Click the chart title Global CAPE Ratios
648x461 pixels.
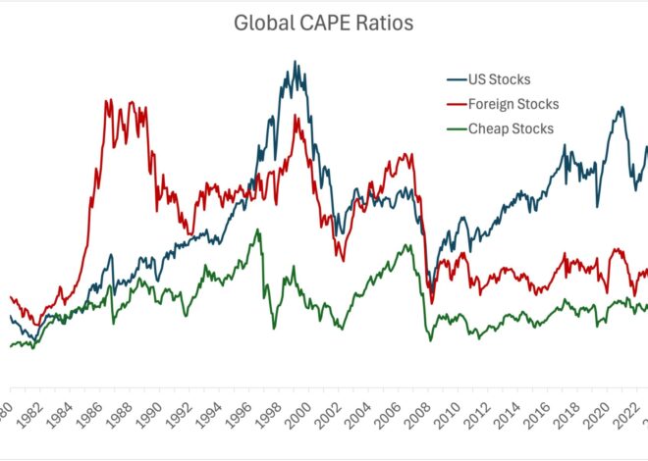[x=323, y=23]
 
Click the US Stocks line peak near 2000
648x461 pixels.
[x=295, y=62]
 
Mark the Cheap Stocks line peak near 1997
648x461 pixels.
[x=258, y=230]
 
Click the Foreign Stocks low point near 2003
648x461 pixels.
[x=341, y=260]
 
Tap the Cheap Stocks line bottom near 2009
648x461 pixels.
[x=429, y=340]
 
